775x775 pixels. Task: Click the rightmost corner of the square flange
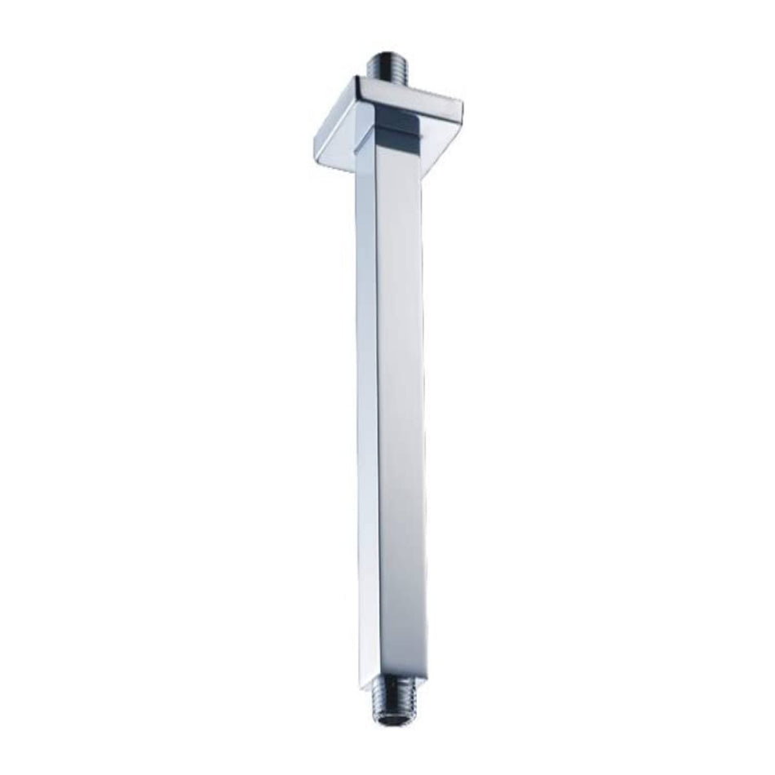(x=462, y=104)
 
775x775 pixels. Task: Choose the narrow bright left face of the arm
(x=366, y=408)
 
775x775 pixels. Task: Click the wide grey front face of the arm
(x=401, y=408)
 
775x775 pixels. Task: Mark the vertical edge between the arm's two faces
(x=377, y=408)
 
